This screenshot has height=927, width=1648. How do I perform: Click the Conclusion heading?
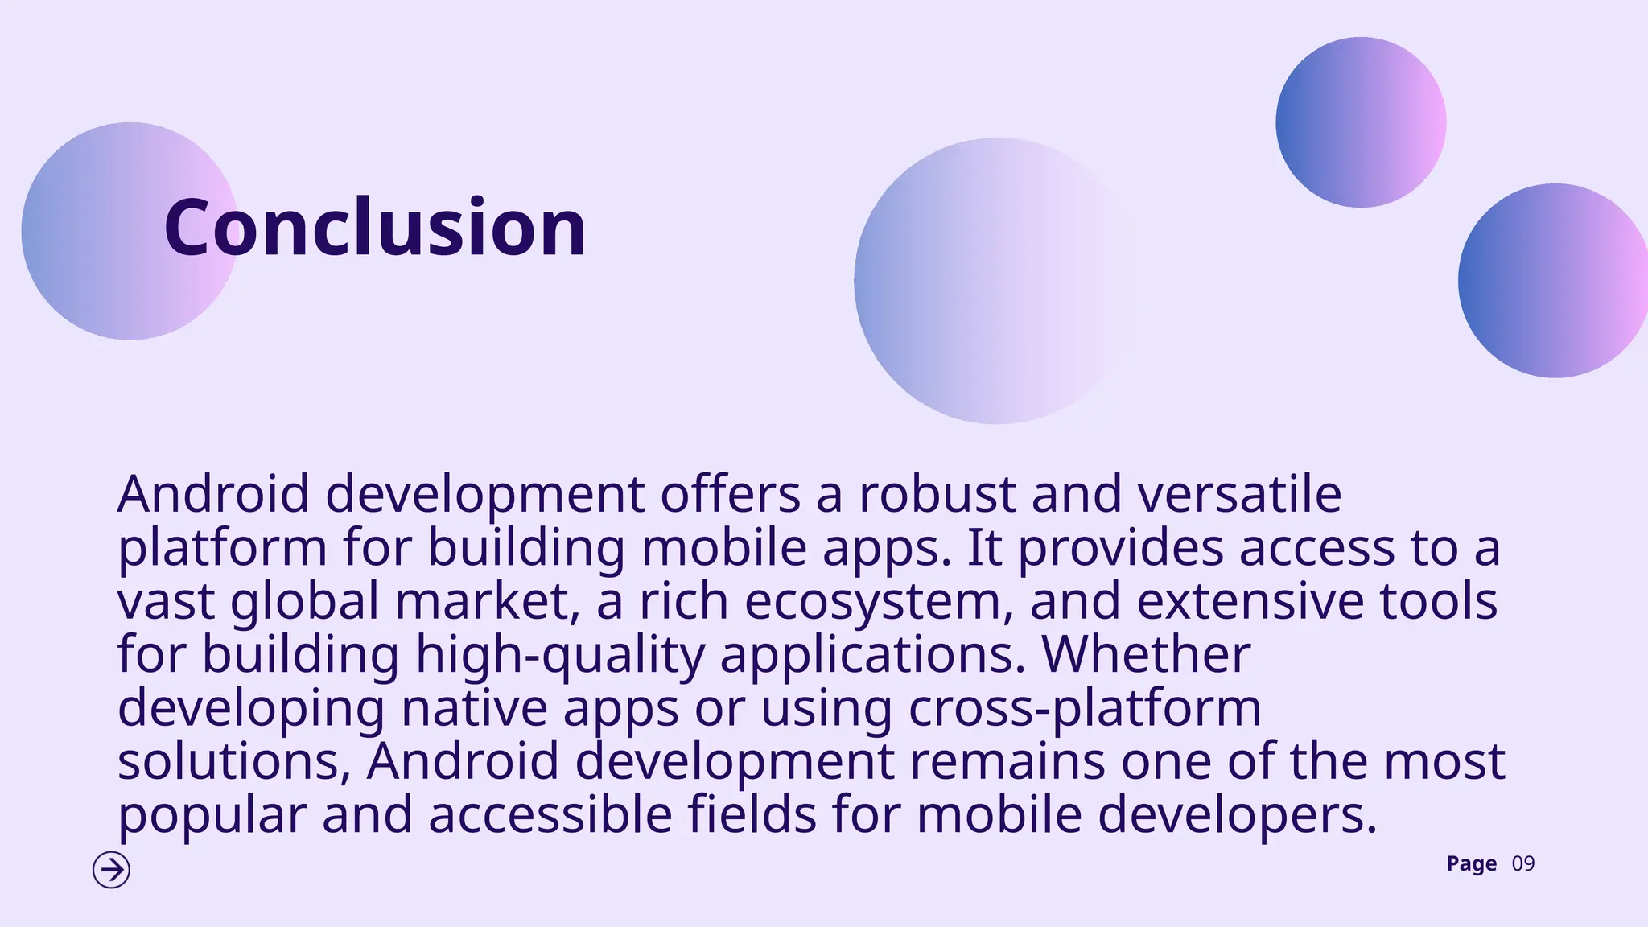pos(375,229)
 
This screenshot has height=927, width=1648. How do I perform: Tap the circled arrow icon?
pos(111,870)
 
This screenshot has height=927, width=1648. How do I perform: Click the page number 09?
pos(1523,864)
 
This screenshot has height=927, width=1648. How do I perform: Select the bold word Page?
pos(1471,864)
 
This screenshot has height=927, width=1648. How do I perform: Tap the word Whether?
pos(1147,654)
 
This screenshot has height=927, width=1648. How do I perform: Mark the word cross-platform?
pos(1085,708)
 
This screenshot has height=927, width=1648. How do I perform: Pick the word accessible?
pos(550,814)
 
